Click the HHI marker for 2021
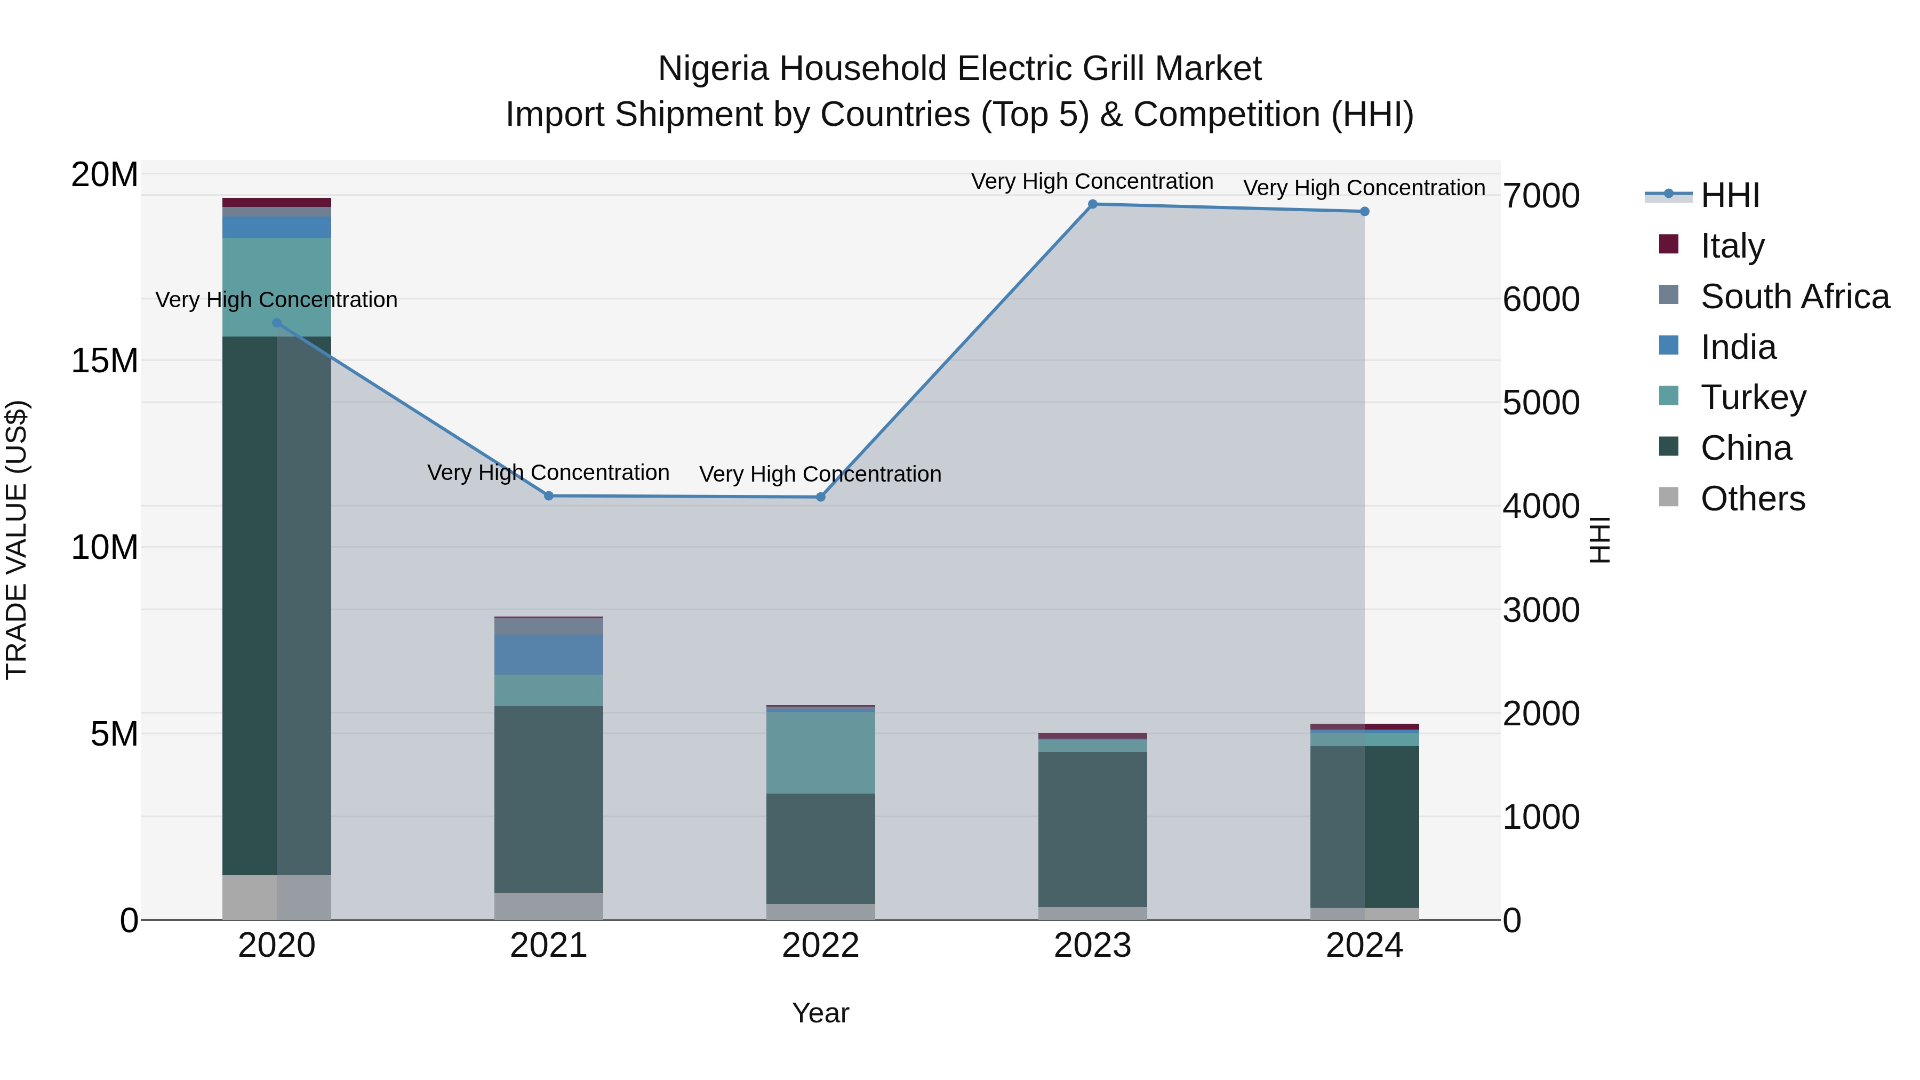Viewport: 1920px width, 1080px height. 549,495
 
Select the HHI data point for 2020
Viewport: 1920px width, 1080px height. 276,323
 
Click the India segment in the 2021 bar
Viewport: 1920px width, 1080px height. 549,654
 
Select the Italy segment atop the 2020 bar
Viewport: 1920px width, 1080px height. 276,203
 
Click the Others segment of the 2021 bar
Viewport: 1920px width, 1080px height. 549,906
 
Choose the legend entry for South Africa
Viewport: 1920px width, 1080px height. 1794,297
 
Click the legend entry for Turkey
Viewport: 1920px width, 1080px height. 1753,397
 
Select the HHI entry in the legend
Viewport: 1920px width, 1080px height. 1729,195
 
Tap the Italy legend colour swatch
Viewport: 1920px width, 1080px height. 1668,244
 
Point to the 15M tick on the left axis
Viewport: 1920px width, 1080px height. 105,361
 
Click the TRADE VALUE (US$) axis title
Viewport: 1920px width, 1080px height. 17,540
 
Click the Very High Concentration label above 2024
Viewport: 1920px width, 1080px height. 1363,188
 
